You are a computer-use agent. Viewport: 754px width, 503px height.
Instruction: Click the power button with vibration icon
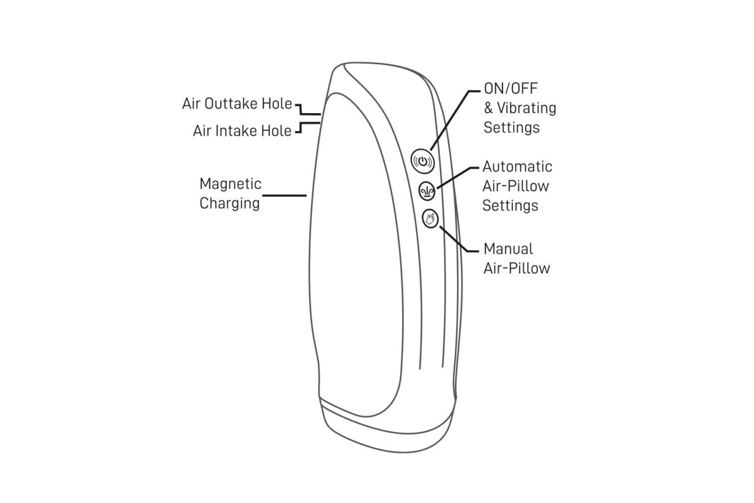[422, 161]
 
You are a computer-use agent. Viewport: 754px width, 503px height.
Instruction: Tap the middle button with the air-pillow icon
[427, 191]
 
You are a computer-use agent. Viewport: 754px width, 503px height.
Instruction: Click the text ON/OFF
[511, 89]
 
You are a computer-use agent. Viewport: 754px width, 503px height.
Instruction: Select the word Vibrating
[527, 108]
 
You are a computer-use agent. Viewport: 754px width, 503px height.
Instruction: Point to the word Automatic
[517, 167]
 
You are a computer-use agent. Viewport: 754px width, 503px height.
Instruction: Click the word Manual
[508, 249]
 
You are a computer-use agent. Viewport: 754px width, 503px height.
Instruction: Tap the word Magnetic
[230, 184]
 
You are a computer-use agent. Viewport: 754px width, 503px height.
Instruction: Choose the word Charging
[229, 204]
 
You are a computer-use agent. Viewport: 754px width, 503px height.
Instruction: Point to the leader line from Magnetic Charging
[285, 196]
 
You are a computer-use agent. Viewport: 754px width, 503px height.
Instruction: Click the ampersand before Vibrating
[488, 108]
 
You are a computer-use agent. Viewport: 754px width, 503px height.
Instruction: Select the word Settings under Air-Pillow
[510, 206]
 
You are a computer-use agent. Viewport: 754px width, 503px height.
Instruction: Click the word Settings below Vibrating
[511, 128]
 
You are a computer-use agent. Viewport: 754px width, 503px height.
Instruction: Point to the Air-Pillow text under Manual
[516, 268]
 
